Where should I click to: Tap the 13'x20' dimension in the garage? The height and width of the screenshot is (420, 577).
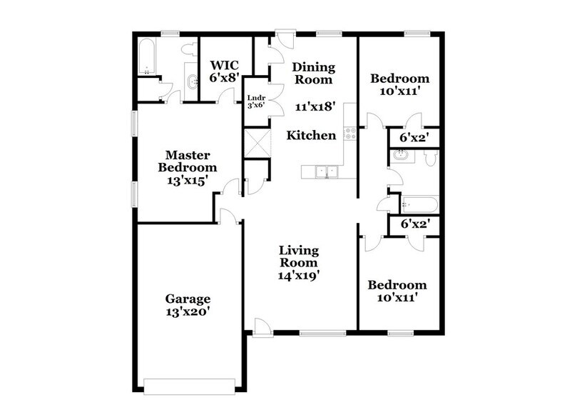click(187, 311)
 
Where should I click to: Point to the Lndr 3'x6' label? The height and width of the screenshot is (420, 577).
click(255, 101)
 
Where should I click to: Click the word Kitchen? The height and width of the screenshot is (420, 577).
click(311, 135)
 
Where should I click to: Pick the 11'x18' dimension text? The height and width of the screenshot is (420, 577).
click(315, 106)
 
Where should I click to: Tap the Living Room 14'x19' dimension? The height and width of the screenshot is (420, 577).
click(298, 274)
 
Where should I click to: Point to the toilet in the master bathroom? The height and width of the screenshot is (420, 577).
click(188, 49)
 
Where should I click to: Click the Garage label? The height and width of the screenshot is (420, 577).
click(188, 298)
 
